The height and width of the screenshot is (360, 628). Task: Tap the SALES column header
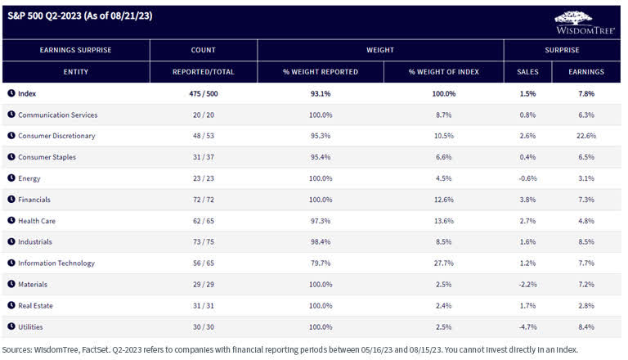click(x=527, y=72)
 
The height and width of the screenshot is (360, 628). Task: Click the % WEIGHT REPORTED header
click(x=321, y=72)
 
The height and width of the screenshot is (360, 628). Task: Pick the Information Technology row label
click(x=56, y=263)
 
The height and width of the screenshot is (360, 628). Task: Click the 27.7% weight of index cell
click(x=442, y=263)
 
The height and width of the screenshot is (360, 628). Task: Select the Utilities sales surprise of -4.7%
click(x=527, y=326)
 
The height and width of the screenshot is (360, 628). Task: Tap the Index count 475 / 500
click(x=203, y=94)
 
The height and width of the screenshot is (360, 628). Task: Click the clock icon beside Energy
click(x=11, y=178)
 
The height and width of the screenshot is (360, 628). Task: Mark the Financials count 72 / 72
click(x=203, y=199)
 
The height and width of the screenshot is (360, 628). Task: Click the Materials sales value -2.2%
click(x=527, y=284)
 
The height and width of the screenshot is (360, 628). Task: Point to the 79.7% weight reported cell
click(x=321, y=263)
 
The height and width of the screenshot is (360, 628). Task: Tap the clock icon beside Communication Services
click(x=11, y=115)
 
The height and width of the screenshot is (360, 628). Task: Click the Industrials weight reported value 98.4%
click(x=321, y=241)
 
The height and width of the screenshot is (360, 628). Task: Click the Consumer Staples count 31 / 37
click(x=203, y=157)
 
